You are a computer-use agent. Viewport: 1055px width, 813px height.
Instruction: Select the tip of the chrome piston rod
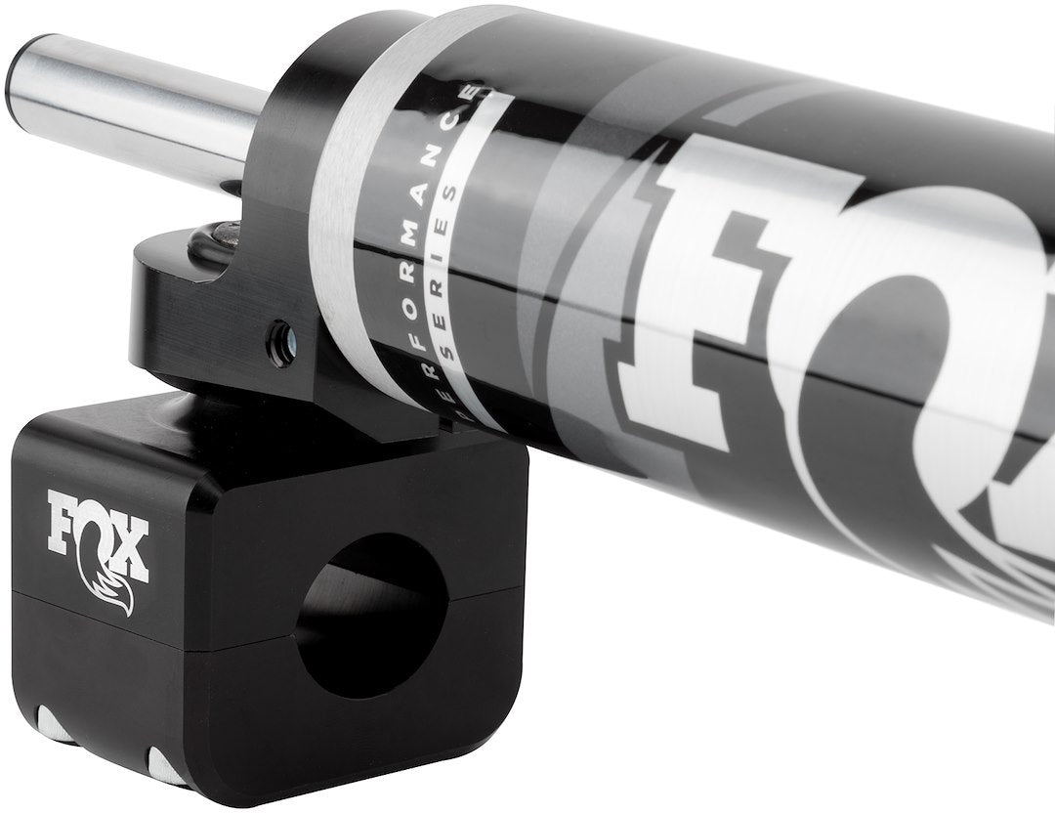(x=39, y=73)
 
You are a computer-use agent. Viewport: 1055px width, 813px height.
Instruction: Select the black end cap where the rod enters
(x=283, y=156)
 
